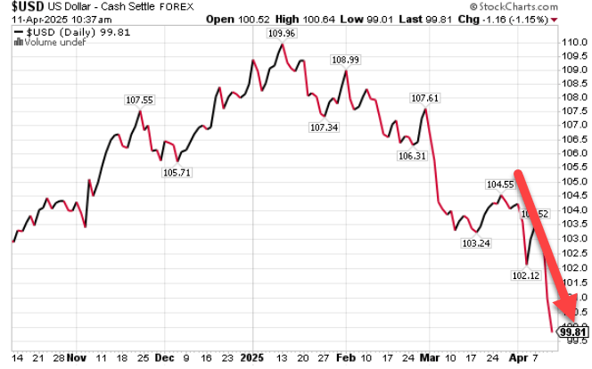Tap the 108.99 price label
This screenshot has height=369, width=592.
click(x=345, y=60)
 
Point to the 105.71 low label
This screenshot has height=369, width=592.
click(x=177, y=173)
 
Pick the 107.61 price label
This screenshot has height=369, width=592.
click(x=424, y=98)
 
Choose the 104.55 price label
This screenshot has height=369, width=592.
click(x=500, y=184)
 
